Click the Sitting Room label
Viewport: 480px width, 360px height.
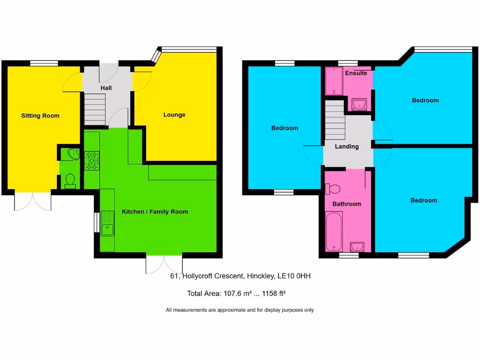coord(40,116)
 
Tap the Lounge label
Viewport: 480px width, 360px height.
coord(174,115)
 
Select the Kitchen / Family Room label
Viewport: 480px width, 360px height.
coord(155,212)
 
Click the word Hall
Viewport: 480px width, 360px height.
coord(106,88)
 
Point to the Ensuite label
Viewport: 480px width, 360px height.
coord(356,74)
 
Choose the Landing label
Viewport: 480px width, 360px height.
coord(347,147)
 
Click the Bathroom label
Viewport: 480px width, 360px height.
coord(347,204)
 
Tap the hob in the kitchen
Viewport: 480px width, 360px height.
coord(91,160)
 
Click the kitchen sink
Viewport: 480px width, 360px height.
coord(107,224)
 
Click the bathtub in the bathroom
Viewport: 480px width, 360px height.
coord(334,231)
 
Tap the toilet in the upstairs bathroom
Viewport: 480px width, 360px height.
coord(333,188)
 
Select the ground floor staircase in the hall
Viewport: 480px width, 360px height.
coord(95,109)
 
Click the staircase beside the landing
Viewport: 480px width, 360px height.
coord(335,121)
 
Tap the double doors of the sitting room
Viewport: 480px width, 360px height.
coord(33,201)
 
